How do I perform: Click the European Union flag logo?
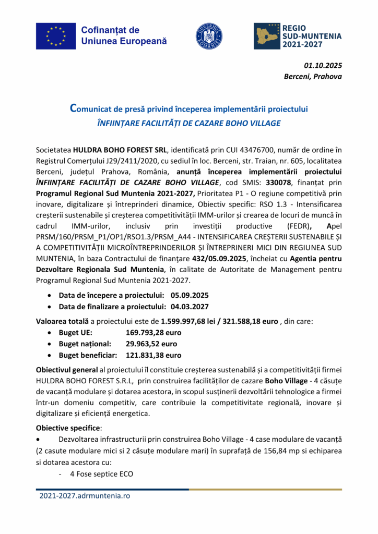[x=55, y=35]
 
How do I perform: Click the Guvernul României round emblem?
[x=209, y=36]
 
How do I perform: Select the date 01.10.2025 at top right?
[x=323, y=66]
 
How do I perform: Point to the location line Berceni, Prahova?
[x=313, y=77]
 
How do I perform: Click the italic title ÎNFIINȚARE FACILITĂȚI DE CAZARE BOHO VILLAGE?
[x=189, y=123]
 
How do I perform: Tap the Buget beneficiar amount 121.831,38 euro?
[x=153, y=355]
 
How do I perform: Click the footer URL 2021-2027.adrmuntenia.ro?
[x=85, y=495]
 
